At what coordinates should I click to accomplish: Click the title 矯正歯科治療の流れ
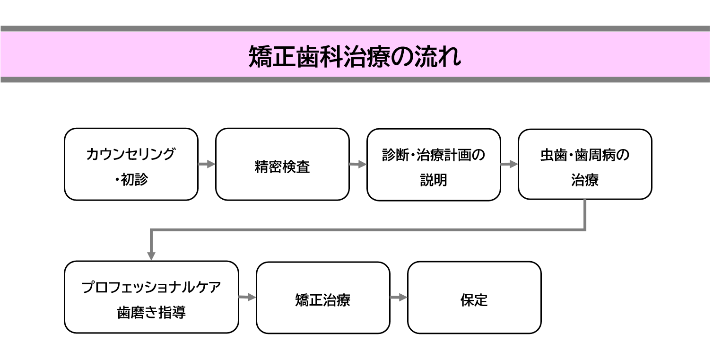(x=355, y=57)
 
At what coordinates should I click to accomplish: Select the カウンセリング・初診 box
(x=131, y=164)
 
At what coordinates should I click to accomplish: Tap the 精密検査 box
(x=282, y=164)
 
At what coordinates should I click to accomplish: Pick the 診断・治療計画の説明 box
(x=434, y=165)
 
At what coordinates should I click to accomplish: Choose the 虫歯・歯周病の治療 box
(x=585, y=165)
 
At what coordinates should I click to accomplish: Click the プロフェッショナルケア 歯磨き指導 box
(x=151, y=297)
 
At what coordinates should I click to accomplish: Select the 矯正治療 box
(x=323, y=298)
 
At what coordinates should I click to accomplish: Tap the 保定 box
(x=474, y=298)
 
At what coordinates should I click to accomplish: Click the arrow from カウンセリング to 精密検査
(x=207, y=164)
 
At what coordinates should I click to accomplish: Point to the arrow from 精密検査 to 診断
(x=358, y=164)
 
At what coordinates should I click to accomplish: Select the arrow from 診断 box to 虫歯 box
(x=509, y=164)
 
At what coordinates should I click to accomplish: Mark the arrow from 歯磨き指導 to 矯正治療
(x=247, y=298)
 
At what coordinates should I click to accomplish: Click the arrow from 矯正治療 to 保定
(x=399, y=298)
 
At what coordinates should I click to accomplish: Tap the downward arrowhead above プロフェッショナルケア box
(x=151, y=255)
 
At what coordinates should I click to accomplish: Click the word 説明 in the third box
(x=434, y=180)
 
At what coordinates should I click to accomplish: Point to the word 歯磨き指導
(x=151, y=313)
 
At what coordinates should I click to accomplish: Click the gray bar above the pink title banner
(x=355, y=29)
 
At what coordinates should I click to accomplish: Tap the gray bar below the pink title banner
(x=355, y=79)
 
